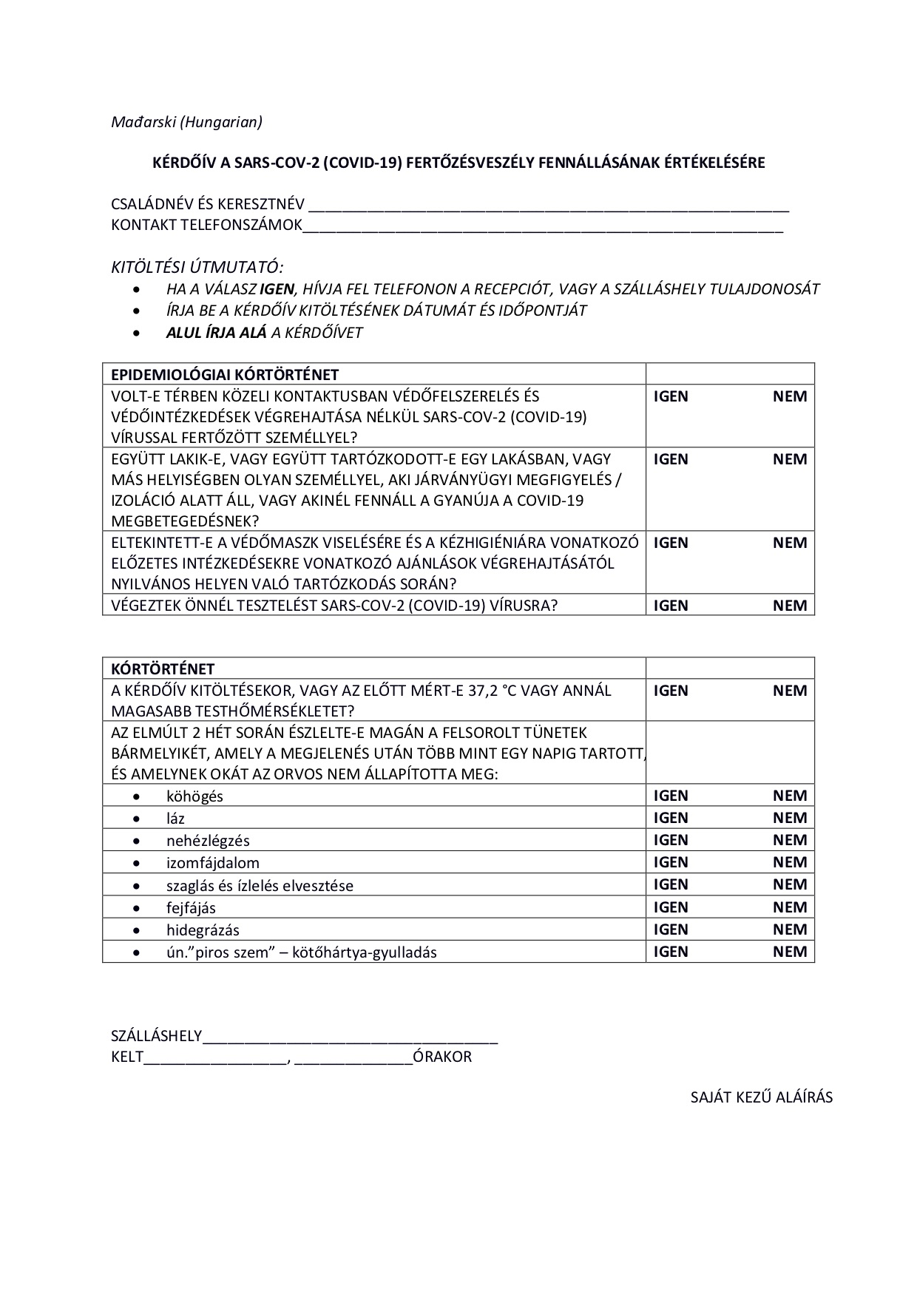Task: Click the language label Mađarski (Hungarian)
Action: (x=186, y=122)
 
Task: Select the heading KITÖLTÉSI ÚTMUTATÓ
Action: (x=197, y=266)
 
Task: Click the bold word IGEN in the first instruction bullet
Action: (x=277, y=289)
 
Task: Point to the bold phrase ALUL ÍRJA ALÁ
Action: (x=216, y=333)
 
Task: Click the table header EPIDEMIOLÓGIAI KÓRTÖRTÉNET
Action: (x=225, y=374)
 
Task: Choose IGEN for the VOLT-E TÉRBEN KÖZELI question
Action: (x=671, y=396)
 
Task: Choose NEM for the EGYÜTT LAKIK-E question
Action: (x=790, y=459)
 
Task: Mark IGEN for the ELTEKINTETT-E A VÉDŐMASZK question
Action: (x=671, y=543)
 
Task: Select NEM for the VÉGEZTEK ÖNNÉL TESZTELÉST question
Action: (x=790, y=606)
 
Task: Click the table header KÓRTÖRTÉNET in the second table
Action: (x=163, y=669)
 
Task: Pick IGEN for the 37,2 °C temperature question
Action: (x=671, y=691)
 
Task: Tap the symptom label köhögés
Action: (x=194, y=796)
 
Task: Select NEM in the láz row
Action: (x=790, y=818)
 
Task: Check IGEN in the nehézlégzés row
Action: (x=671, y=840)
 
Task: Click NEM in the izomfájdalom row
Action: (x=790, y=862)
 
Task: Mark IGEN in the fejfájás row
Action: (x=671, y=907)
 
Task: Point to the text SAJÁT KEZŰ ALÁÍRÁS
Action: (x=761, y=1097)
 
